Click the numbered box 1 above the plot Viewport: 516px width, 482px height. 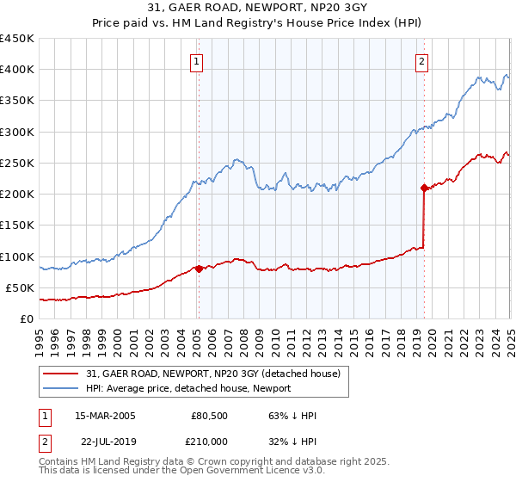coord(198,61)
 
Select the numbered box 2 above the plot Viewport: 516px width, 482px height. coord(422,61)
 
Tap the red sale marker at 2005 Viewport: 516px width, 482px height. coord(199,269)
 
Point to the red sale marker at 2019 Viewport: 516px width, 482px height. coord(424,188)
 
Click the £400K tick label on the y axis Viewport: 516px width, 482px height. coord(16,70)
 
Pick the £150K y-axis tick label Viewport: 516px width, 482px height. coord(16,226)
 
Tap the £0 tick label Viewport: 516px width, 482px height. coord(27,319)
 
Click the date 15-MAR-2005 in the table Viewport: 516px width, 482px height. coord(105,416)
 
